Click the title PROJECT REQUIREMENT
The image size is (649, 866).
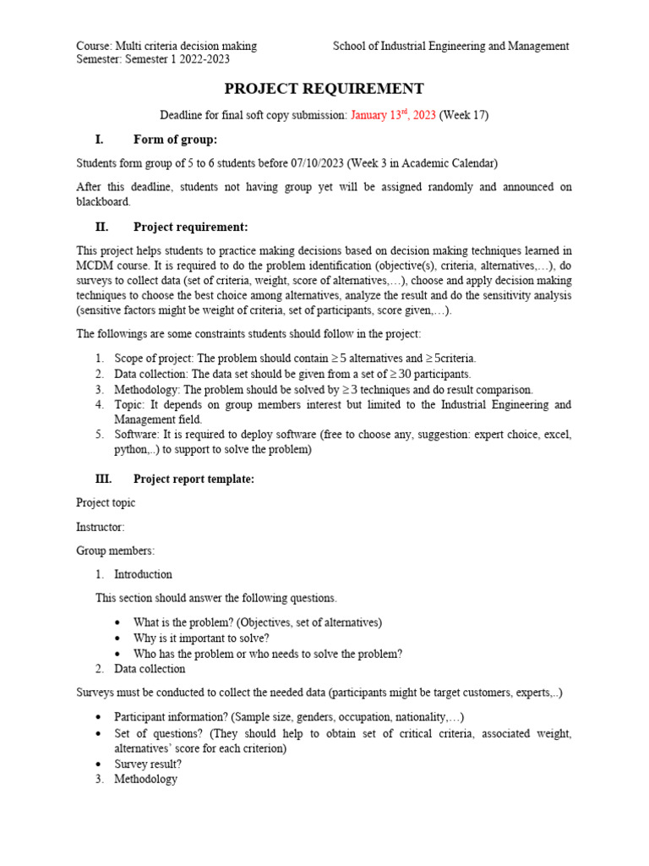click(324, 89)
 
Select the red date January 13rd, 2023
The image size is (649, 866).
click(393, 115)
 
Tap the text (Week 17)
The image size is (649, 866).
click(464, 115)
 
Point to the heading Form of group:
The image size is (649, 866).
click(175, 140)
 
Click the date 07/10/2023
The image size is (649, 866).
click(317, 163)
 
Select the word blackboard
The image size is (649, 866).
click(103, 202)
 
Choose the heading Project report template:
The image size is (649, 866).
click(194, 479)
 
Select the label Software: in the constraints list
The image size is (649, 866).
click(138, 435)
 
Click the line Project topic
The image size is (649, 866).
click(106, 502)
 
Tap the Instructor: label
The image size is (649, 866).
click(101, 527)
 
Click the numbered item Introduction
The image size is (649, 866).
click(143, 574)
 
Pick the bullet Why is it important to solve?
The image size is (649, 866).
click(201, 638)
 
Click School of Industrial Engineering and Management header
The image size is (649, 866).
click(450, 46)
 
